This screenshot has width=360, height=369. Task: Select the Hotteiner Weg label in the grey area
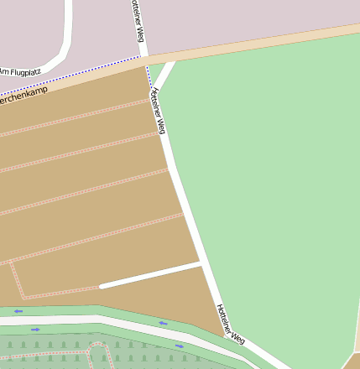[x=138, y=21]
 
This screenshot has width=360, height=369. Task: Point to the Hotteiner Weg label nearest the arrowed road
[x=231, y=325]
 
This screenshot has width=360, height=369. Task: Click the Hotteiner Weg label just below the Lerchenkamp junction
[x=157, y=112]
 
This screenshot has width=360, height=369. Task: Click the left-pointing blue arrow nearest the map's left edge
[x=18, y=311]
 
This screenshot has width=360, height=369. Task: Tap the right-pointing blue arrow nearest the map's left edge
[x=35, y=330]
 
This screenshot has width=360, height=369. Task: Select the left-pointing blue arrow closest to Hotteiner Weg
[x=163, y=323]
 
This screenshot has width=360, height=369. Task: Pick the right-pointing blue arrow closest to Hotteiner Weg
[x=179, y=345]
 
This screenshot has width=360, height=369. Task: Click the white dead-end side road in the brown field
[x=151, y=275]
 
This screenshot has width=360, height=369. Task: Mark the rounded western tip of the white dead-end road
[x=102, y=286]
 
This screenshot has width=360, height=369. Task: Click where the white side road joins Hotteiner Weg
[x=202, y=263]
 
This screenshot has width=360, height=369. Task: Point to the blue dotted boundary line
[x=76, y=75]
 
